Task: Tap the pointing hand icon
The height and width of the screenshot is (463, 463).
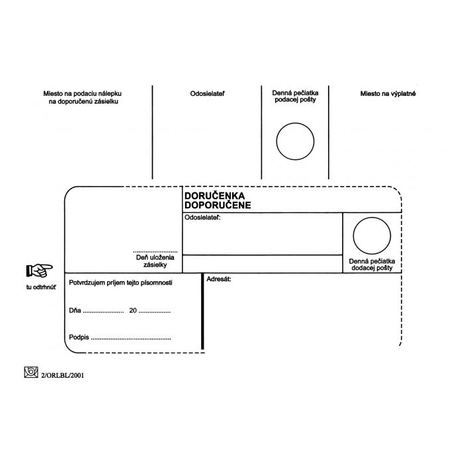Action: [x=39, y=269]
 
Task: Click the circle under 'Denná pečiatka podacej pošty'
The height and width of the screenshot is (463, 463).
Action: [x=295, y=142]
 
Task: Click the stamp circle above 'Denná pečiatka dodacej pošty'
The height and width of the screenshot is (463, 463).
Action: [x=372, y=236]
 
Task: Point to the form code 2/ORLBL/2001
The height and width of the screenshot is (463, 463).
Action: [x=63, y=375]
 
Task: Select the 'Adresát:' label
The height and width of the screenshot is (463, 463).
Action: [x=218, y=280]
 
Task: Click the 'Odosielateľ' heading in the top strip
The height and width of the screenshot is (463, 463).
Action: [x=207, y=94]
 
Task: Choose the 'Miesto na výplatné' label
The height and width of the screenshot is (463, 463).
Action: [x=388, y=94]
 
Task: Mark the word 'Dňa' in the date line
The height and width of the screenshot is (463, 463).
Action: [x=75, y=310]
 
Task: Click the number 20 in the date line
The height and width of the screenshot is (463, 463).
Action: [x=133, y=310]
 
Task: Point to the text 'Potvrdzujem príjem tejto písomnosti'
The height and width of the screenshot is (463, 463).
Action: [x=121, y=282]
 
